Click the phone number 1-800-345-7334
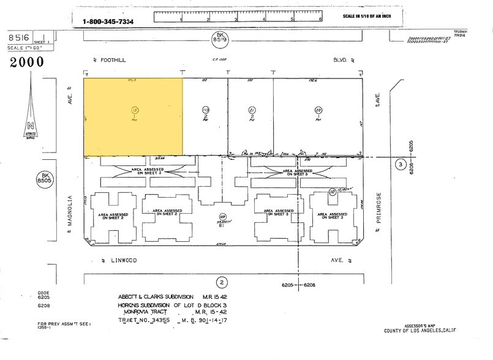(x=108, y=22)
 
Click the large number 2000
(x=26, y=62)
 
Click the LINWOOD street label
(x=122, y=260)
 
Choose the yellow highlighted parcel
(x=133, y=116)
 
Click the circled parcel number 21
(x=251, y=110)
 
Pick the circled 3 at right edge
(x=400, y=165)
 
